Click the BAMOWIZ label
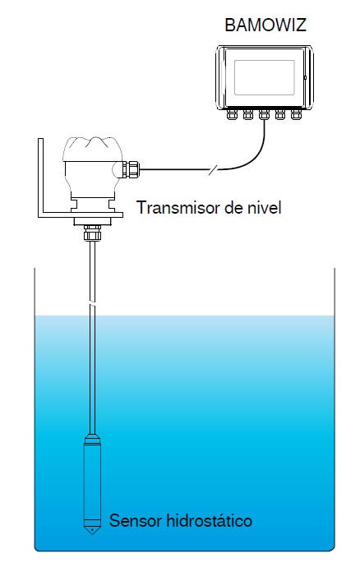[x=265, y=25]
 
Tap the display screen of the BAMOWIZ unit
[x=264, y=78]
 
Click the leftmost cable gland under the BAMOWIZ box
[x=232, y=114]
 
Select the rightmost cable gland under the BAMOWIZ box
[x=296, y=114]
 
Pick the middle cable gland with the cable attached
[x=264, y=114]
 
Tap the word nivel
[x=266, y=208]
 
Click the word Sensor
[x=136, y=521]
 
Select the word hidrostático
[x=209, y=521]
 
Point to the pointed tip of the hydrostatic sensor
[x=92, y=534]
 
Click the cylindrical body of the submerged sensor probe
[x=92, y=485]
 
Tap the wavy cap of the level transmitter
[x=92, y=149]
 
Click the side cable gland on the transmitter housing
[x=130, y=169]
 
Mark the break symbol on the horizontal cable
[x=213, y=169]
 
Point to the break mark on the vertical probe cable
[x=92, y=304]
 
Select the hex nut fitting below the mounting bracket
[x=92, y=233]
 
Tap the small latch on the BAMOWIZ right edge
[x=306, y=78]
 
